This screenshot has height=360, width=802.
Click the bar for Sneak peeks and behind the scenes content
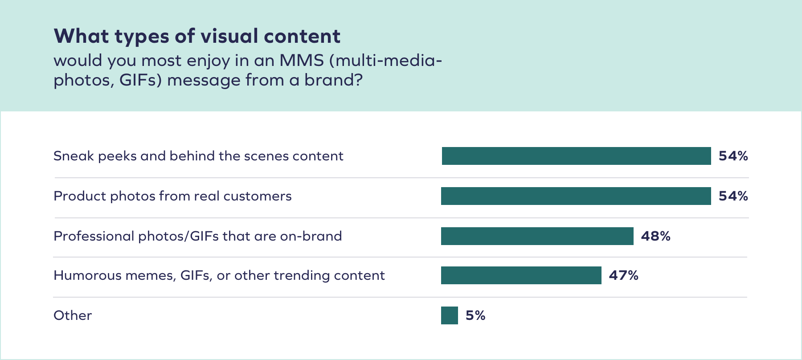pyautogui.click(x=576, y=156)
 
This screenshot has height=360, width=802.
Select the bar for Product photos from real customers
pyautogui.click(x=576, y=196)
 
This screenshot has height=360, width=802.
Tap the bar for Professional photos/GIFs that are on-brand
pyautogui.click(x=537, y=236)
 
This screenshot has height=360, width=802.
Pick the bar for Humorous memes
pyautogui.click(x=521, y=275)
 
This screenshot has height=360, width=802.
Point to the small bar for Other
pyautogui.click(x=449, y=315)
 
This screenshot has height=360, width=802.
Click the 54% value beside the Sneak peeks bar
pyautogui.click(x=733, y=156)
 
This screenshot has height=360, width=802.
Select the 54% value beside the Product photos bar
pyautogui.click(x=733, y=196)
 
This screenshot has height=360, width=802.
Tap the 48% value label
pyautogui.click(x=655, y=236)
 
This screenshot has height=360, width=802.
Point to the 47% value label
pyautogui.click(x=623, y=275)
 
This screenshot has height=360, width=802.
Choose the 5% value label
pyautogui.click(x=475, y=315)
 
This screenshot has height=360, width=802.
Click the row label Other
pyautogui.click(x=73, y=315)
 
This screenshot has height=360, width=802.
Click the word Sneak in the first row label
pyautogui.click(x=74, y=156)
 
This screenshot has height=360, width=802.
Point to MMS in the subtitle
pyautogui.click(x=301, y=61)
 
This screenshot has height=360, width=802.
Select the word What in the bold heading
pyautogui.click(x=82, y=36)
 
